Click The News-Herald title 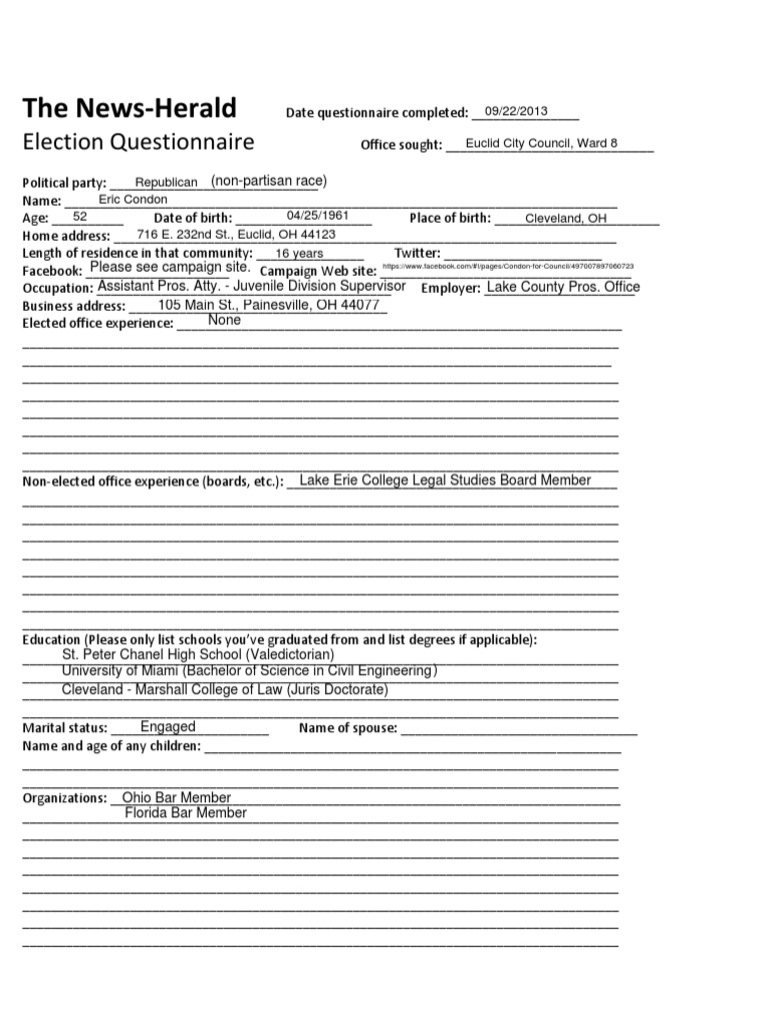pyautogui.click(x=129, y=108)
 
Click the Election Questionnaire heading pyautogui.click(x=138, y=142)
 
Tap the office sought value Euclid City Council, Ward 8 pyautogui.click(x=542, y=143)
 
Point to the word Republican pyautogui.click(x=166, y=183)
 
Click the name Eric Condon pyautogui.click(x=133, y=200)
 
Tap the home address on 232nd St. pyautogui.click(x=236, y=235)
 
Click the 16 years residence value pyautogui.click(x=299, y=254)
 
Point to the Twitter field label pyautogui.click(x=417, y=254)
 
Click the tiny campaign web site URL pyautogui.click(x=507, y=268)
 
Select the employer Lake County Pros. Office pyautogui.click(x=562, y=288)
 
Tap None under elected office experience pyautogui.click(x=224, y=321)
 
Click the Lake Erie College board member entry pyautogui.click(x=445, y=481)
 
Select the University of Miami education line pyautogui.click(x=249, y=671)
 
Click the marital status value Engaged pyautogui.click(x=168, y=727)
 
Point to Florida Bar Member pyautogui.click(x=185, y=813)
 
